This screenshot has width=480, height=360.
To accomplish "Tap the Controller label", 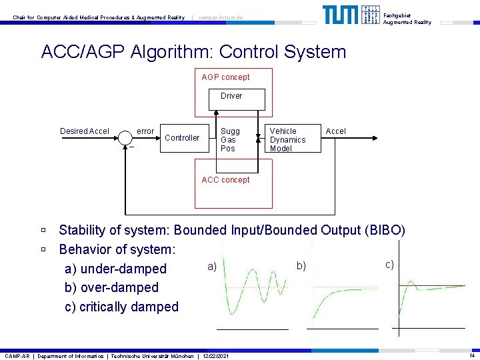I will point(182,138).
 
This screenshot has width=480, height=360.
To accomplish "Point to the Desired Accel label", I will point(85,131).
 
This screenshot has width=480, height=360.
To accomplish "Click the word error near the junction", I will point(145,131).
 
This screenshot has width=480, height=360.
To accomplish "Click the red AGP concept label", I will point(225,77).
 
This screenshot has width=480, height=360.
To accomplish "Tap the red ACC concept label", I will point(225,180).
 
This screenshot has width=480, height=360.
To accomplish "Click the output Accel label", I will point(336,131).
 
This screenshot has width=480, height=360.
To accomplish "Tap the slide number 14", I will point(471,355).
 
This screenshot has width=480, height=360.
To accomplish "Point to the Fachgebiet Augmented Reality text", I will point(407,18).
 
